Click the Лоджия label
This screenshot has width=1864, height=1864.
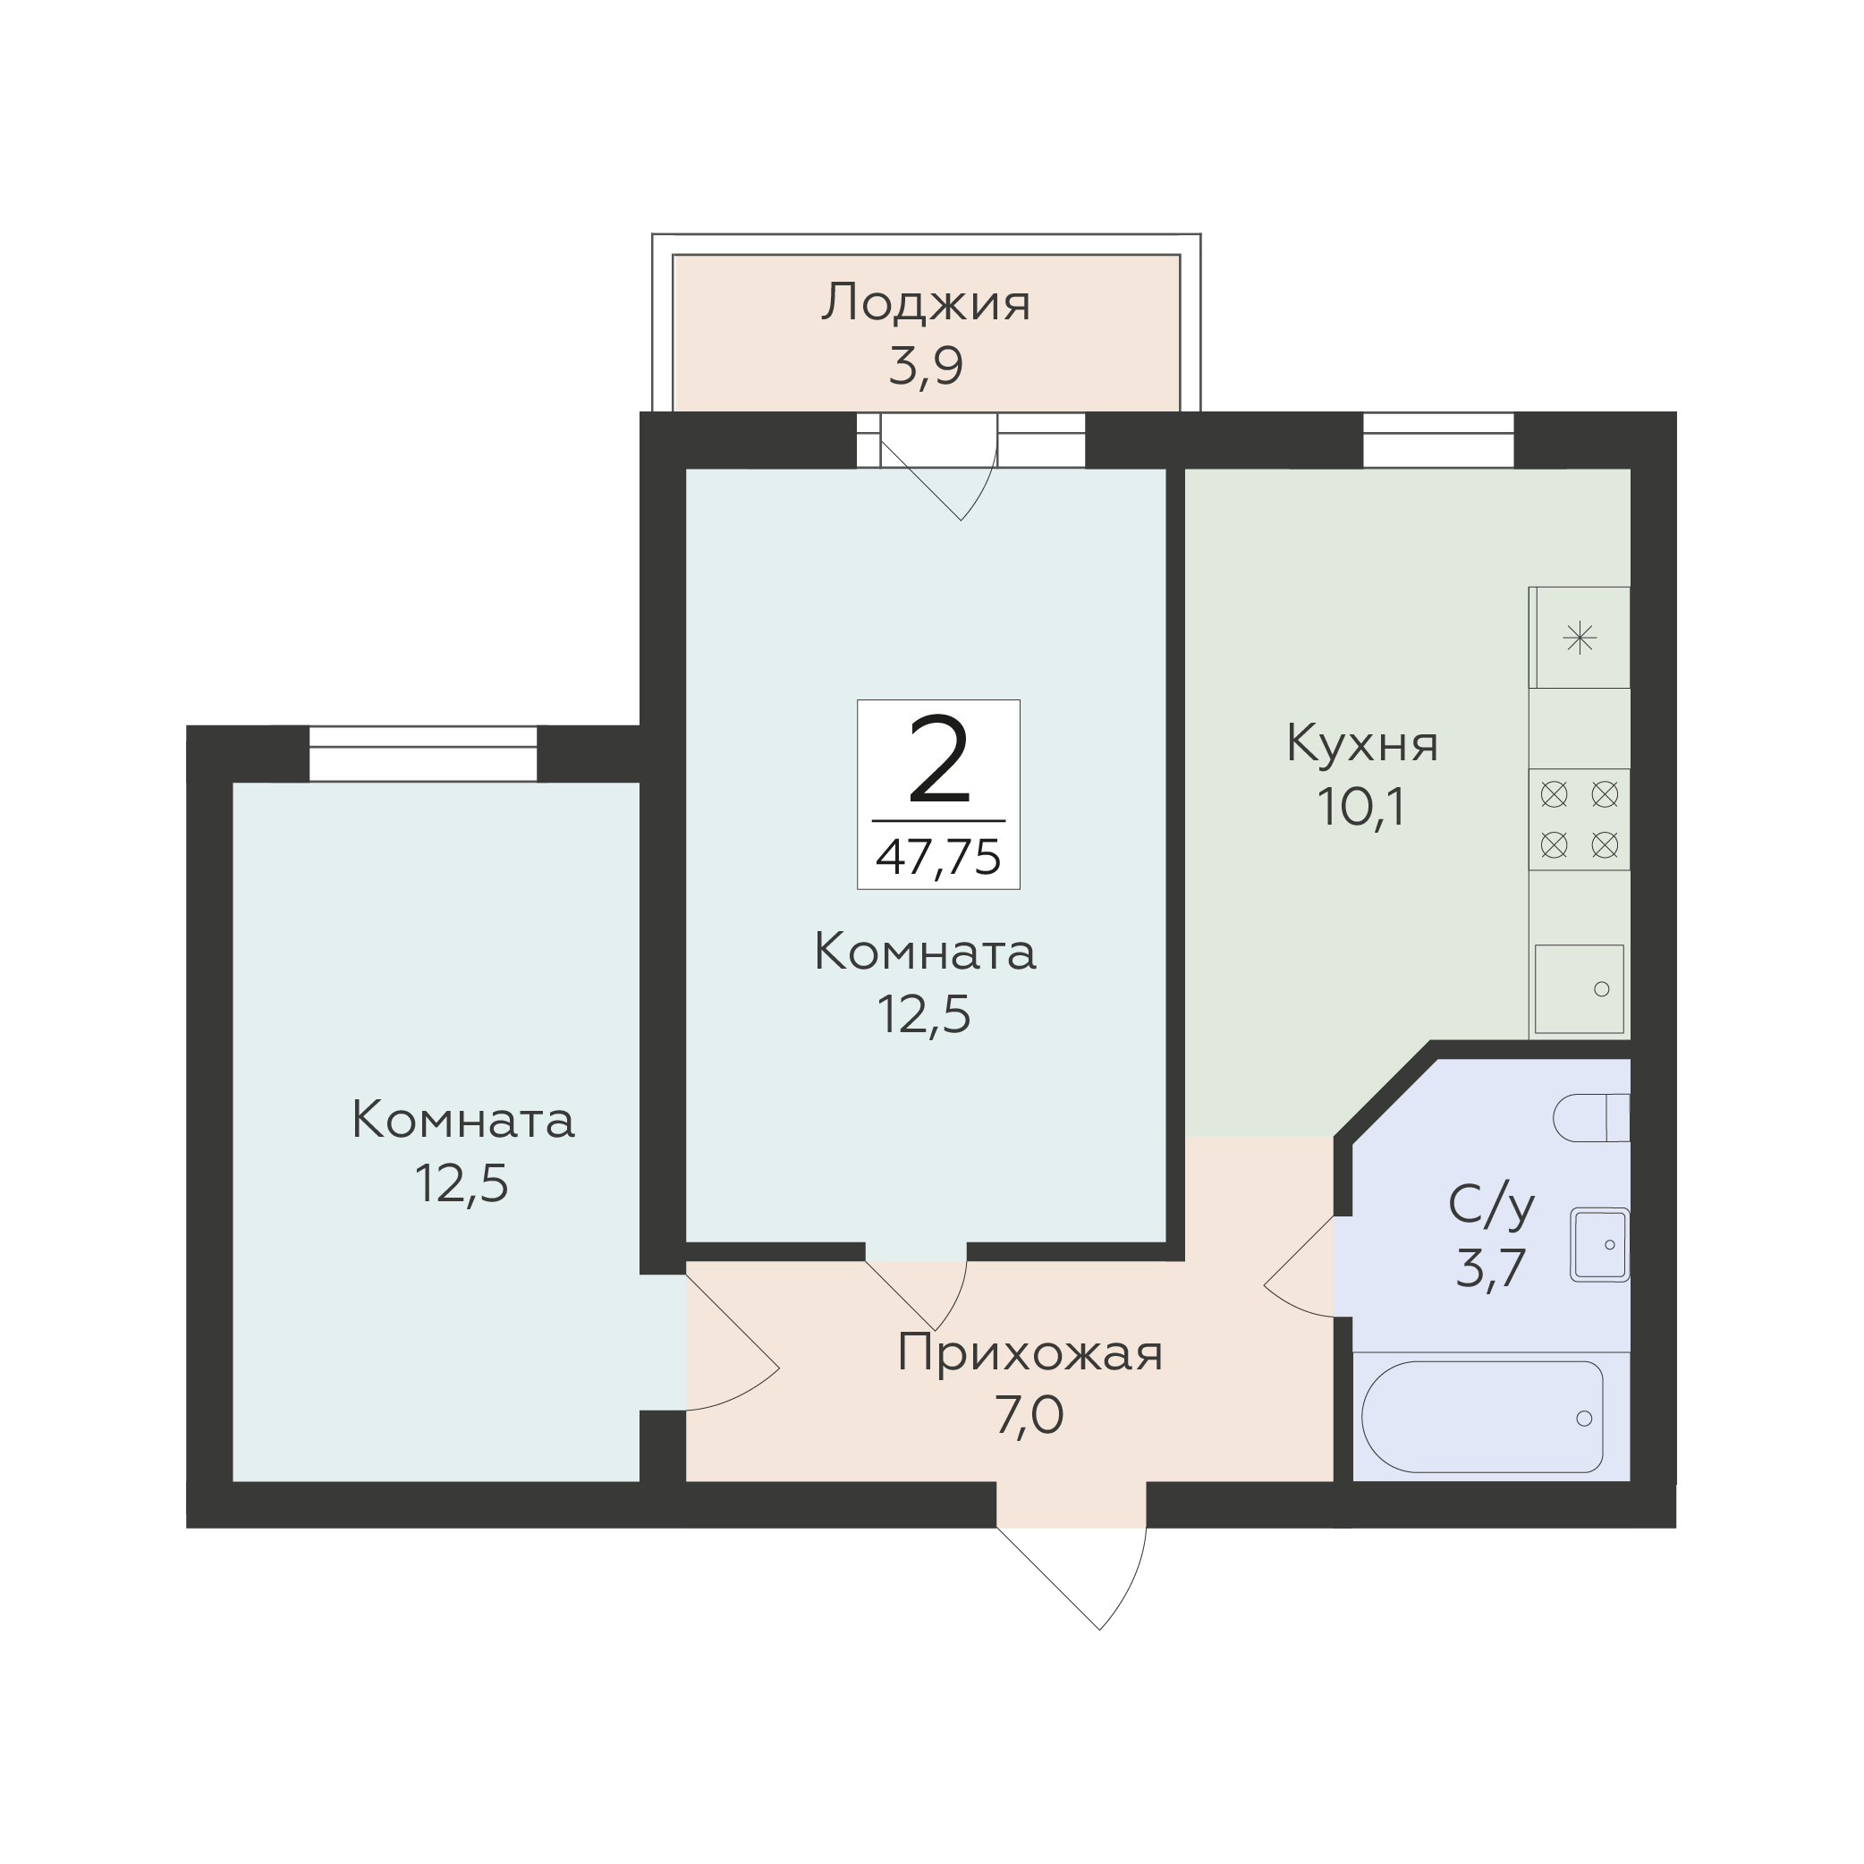coord(927,304)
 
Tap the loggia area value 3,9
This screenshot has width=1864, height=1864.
coord(927,367)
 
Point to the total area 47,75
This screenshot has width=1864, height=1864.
coord(939,857)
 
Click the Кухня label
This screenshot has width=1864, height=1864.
coord(1362,745)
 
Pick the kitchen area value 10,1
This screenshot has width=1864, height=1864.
coord(1362,808)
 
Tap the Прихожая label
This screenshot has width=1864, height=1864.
coord(1029,1353)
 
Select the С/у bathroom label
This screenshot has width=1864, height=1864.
coord(1492,1206)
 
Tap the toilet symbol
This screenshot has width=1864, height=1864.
coord(1591,1118)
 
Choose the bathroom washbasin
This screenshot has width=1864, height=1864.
coord(1599,1244)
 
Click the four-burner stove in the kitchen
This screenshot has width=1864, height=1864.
coord(1580,820)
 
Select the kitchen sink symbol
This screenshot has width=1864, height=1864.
coord(1580,989)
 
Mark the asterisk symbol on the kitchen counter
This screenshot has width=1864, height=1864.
coord(1580,638)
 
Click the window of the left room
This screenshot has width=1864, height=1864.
coord(422,753)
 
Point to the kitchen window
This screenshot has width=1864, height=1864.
coord(1438,440)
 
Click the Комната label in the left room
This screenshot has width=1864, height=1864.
coord(463,1121)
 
